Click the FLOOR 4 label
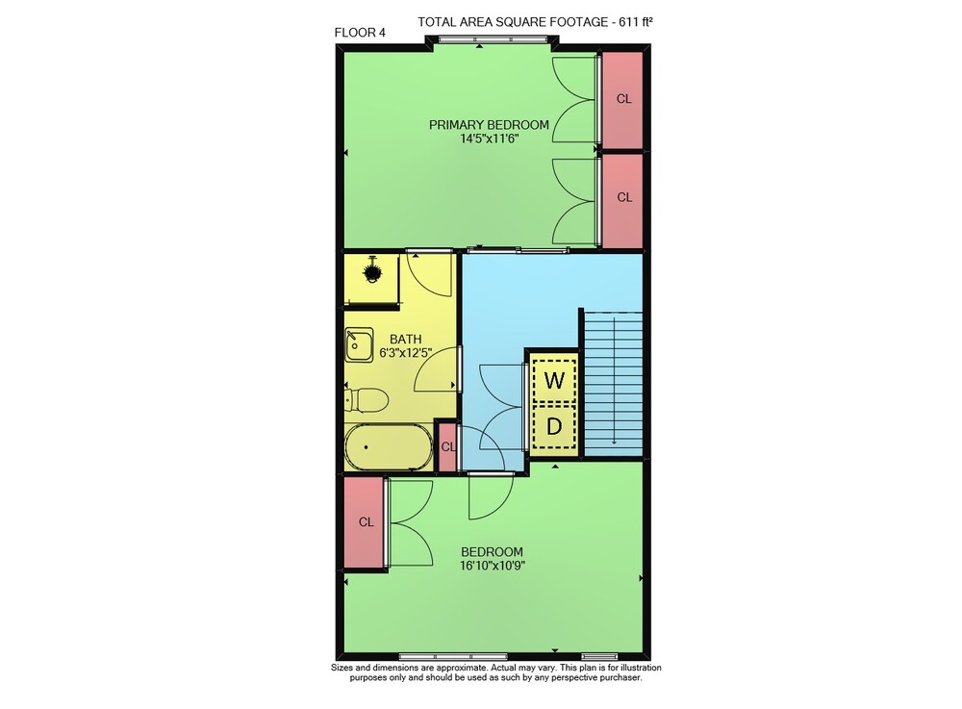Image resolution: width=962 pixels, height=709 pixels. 360,33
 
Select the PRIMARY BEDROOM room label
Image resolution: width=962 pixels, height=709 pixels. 489,125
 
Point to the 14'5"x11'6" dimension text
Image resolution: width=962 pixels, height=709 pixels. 490,139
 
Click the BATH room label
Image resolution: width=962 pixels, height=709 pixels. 406,339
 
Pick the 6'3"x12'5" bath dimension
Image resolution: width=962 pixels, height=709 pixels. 406,353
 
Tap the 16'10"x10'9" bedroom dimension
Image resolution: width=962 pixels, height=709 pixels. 492,566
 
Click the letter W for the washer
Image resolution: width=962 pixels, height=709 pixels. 554,381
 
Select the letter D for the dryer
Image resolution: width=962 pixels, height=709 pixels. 554,426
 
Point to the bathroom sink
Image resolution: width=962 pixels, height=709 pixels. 359,344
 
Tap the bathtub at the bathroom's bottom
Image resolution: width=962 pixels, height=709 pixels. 389,447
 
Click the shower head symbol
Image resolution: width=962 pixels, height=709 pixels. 371,271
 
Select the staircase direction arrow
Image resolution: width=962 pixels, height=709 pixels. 614,380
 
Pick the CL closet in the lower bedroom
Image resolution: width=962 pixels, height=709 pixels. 366,522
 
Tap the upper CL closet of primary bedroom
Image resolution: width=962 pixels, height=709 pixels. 623,99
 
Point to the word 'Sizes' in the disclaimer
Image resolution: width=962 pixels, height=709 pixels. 343,668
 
